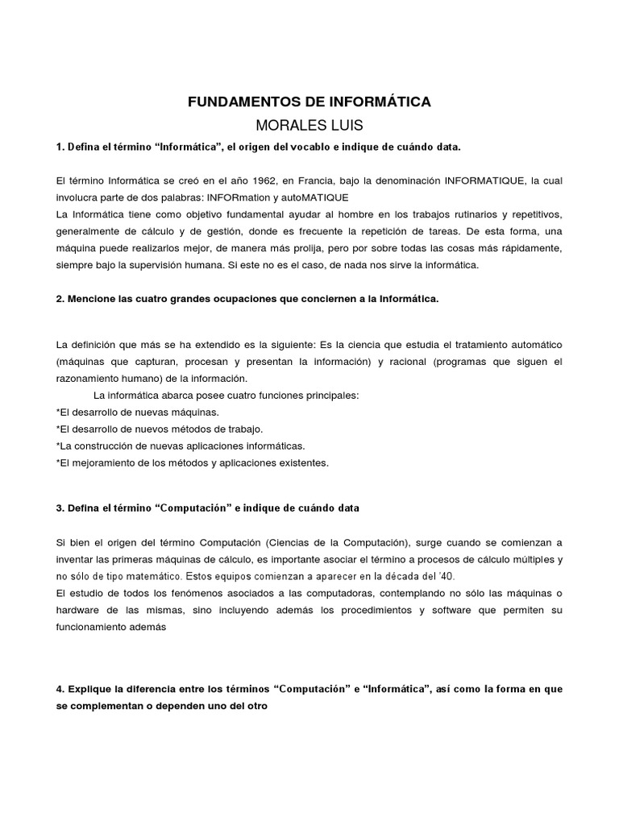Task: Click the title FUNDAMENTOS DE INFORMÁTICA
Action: [x=309, y=102]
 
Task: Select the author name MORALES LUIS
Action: [x=309, y=126]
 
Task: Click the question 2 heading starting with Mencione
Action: [x=247, y=299]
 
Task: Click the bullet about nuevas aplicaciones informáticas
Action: [x=181, y=446]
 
